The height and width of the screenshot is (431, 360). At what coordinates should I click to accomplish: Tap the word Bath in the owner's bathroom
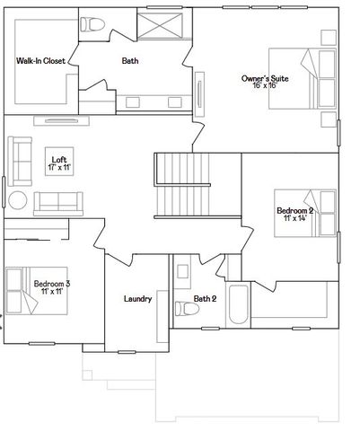131,61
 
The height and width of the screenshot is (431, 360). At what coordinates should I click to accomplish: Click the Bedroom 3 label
52,284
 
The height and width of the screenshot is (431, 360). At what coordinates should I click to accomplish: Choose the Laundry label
137,299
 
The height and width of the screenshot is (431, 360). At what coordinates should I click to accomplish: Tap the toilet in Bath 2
187,308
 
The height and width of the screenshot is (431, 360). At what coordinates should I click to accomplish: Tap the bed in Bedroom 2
320,214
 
